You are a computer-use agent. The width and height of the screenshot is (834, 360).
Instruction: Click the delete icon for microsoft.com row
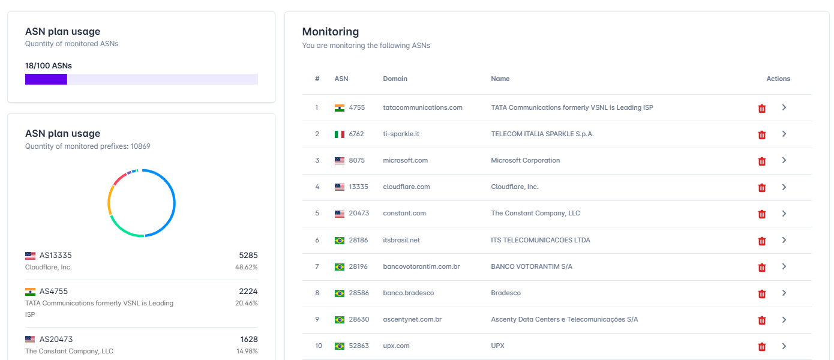pos(762,161)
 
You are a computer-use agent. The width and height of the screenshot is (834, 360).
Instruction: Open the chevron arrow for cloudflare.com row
pos(784,187)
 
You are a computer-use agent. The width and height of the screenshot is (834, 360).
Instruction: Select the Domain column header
pos(395,79)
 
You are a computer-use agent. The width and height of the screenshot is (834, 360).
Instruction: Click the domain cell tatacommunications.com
pos(422,107)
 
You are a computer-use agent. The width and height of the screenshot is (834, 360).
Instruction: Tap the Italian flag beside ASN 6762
pos(339,134)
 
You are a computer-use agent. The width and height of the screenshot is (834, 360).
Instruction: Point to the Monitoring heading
pos(330,32)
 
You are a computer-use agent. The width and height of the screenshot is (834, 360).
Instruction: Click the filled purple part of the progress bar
pos(46,79)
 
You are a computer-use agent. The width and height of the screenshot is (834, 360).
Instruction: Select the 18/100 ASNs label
pos(49,66)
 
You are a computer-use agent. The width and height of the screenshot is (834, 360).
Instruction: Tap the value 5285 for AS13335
pos(248,256)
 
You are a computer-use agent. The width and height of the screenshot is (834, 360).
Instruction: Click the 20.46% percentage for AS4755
pos(246,303)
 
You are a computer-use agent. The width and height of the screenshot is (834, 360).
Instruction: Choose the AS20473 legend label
pos(56,339)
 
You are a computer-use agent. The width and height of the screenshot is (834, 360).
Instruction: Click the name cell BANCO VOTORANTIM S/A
pos(532,266)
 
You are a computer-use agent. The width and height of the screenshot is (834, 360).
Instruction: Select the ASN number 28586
pos(359,293)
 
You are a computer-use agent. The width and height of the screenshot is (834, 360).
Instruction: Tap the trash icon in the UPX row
pos(762,347)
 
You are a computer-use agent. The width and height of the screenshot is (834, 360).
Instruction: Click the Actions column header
pos(778,79)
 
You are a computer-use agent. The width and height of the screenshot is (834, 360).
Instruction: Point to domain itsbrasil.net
pos(401,240)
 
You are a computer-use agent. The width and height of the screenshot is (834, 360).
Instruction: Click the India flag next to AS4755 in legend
pos(30,292)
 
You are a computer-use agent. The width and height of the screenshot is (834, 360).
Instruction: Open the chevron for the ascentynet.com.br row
pos(784,320)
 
